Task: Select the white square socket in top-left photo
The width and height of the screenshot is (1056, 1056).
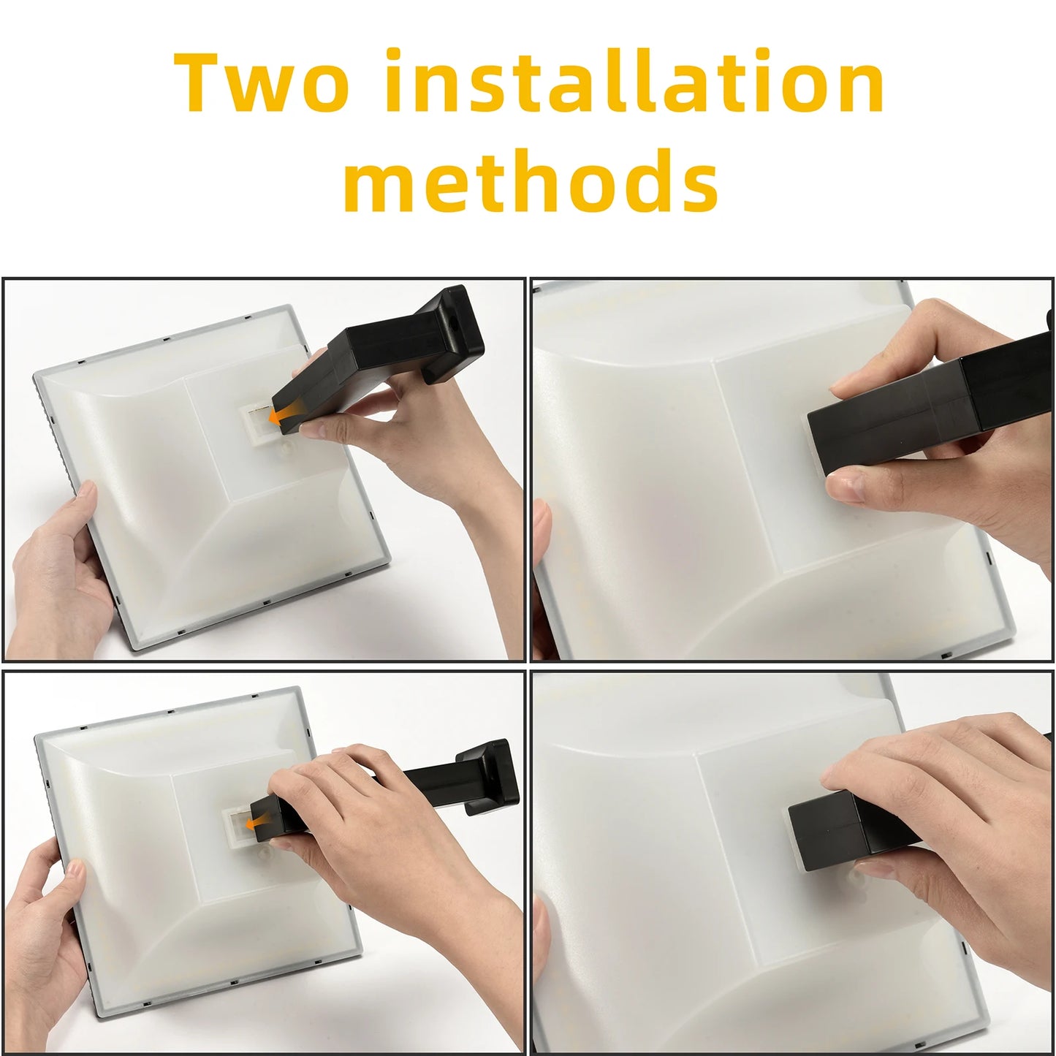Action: (x=257, y=420)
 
